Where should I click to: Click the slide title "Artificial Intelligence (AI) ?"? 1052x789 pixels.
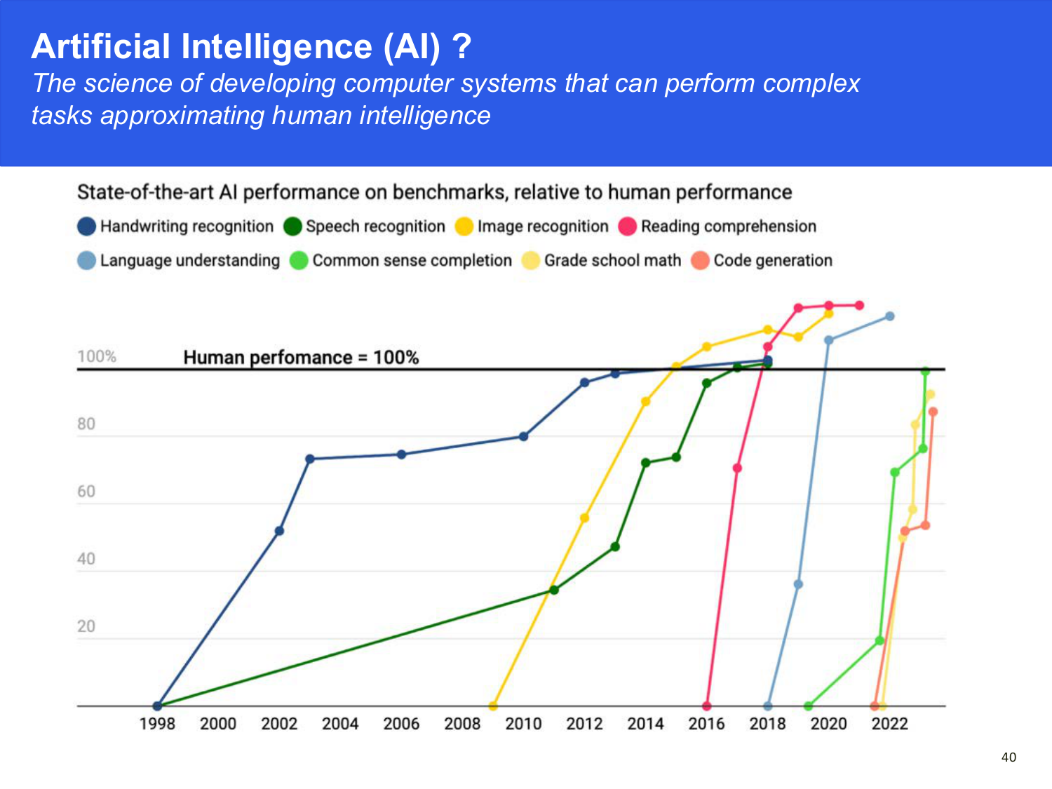pos(251,47)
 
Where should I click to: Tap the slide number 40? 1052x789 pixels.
pos(1009,757)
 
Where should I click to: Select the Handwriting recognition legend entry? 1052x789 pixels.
pos(176,227)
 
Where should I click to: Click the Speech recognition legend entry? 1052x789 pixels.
pos(365,227)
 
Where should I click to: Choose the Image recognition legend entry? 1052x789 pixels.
pos(532,227)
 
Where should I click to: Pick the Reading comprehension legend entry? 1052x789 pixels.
pos(717,227)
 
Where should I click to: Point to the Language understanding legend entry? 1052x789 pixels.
pos(179,260)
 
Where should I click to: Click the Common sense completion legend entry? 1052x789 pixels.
pos(401,260)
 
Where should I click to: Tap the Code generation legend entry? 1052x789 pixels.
pos(762,260)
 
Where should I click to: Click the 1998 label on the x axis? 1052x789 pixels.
pos(157,724)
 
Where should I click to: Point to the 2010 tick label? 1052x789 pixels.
pos(523,724)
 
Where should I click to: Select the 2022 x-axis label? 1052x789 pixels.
pos(889,724)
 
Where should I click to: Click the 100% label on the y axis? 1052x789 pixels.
pos(97,356)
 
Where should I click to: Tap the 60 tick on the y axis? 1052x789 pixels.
pos(86,492)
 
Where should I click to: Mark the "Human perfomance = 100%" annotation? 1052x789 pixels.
pos(301,358)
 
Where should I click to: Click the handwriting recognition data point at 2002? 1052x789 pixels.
pos(279,531)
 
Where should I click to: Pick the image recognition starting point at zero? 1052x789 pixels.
pos(493,706)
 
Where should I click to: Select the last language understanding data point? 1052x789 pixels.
pos(889,316)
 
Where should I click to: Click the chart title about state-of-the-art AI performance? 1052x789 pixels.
pos(434,192)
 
